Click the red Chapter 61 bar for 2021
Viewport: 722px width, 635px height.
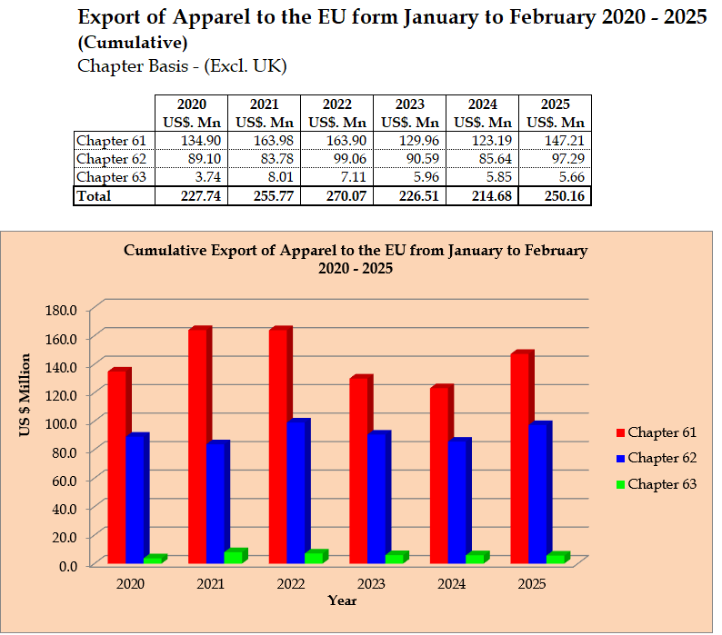(198, 445)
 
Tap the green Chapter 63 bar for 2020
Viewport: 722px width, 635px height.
(154, 560)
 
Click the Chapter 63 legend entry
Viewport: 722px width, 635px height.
(656, 484)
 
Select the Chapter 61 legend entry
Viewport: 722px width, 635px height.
(656, 432)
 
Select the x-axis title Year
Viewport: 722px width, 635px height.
(342, 600)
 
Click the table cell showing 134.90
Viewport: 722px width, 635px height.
(190, 140)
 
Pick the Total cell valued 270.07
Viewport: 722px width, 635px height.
(336, 196)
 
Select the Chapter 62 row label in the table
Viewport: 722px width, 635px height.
(111, 158)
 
